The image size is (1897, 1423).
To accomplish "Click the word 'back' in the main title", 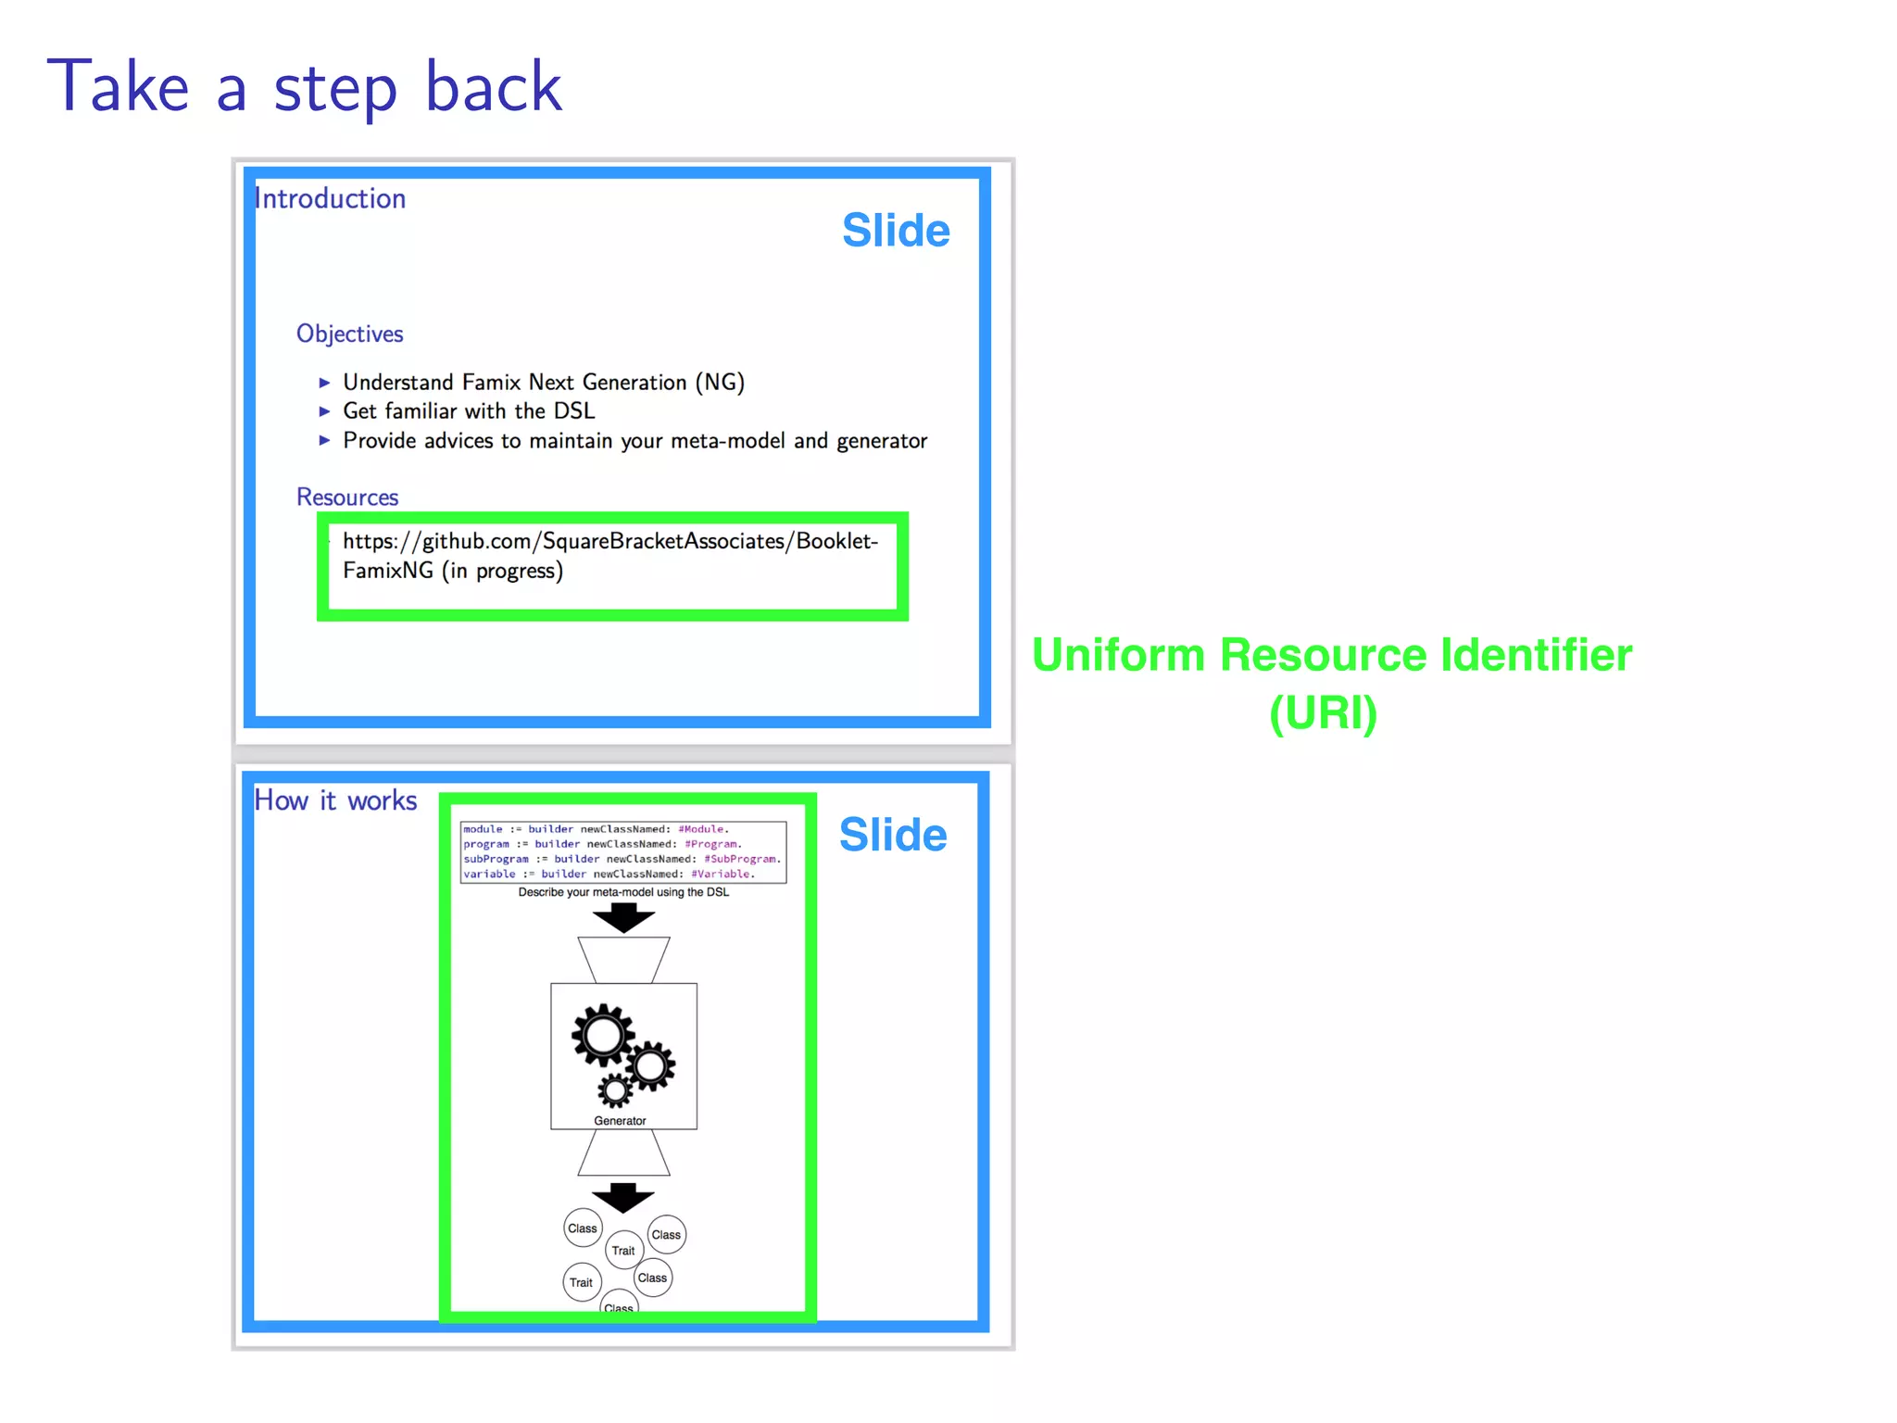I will click(x=493, y=87).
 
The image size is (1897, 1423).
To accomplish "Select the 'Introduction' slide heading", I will click(x=331, y=199).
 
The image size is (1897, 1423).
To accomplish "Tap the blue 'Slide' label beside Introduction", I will click(x=896, y=231).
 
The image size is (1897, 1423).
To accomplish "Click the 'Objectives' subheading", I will click(x=349, y=334).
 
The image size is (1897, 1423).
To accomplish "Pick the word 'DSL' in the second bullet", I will click(x=574, y=411).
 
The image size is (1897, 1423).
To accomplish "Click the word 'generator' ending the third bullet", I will click(x=882, y=441).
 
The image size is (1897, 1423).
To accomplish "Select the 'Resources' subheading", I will click(x=347, y=497).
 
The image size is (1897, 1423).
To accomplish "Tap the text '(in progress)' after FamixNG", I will click(x=502, y=571).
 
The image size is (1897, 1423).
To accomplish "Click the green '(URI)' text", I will click(x=1323, y=713).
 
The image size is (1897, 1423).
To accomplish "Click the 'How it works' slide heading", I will click(x=335, y=800).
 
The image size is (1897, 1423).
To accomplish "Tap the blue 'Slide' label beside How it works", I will click(x=893, y=835).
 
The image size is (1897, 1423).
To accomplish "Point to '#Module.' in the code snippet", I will click(x=703, y=829).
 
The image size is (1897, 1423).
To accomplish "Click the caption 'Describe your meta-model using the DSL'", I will click(x=623, y=892).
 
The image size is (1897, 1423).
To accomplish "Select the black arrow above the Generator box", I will click(x=623, y=918).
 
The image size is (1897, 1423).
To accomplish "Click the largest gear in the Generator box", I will click(x=603, y=1035).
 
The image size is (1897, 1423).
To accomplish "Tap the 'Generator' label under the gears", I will click(x=620, y=1121).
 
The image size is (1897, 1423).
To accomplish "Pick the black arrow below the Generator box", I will click(x=622, y=1197).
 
